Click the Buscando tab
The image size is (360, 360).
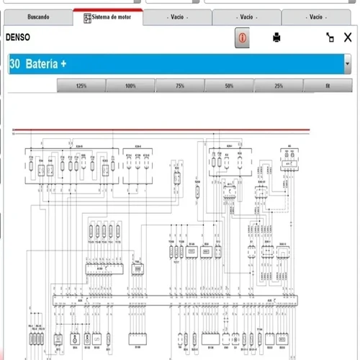tap(38, 16)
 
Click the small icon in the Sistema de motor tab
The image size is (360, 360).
tap(87, 16)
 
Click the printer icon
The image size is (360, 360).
tap(276, 37)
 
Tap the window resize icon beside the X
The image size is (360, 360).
tap(330, 37)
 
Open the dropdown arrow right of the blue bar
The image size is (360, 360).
tap(348, 63)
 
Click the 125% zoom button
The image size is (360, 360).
tap(81, 86)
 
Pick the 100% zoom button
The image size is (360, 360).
tap(130, 86)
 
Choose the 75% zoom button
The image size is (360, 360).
tap(179, 86)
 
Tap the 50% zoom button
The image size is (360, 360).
tap(228, 86)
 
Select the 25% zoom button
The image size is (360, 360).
tap(278, 86)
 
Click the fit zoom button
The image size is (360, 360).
tap(327, 86)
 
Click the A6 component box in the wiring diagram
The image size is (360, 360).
tap(289, 154)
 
